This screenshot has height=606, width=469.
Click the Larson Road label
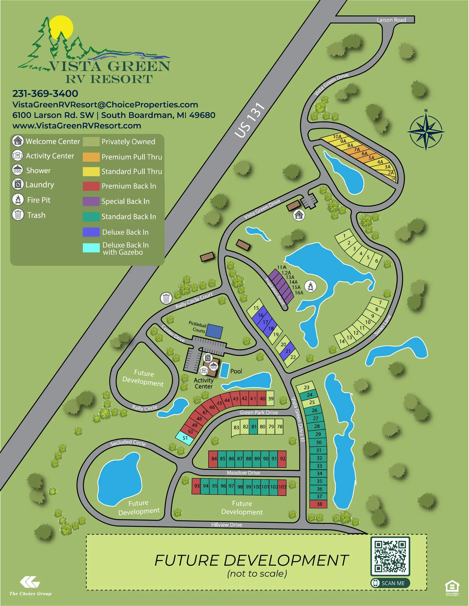tap(391, 20)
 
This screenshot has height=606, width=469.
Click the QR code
tap(390, 556)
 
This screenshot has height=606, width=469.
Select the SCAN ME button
tap(390, 583)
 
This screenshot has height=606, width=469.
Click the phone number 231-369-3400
tap(45, 94)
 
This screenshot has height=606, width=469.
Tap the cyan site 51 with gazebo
tap(185, 438)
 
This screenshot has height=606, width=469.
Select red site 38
tap(319, 504)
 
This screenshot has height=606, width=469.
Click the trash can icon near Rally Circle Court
tap(166, 298)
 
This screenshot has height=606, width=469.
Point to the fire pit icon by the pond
tap(310, 286)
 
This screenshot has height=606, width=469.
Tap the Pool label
tap(236, 371)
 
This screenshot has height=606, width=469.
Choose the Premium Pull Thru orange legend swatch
tap(91, 157)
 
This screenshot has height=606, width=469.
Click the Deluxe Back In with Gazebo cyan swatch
tap(91, 248)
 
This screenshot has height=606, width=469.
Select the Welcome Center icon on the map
tap(299, 215)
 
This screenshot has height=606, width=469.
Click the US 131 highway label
tap(249, 120)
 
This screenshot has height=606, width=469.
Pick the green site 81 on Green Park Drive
tap(253, 427)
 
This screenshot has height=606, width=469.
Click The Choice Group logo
tap(30, 585)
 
